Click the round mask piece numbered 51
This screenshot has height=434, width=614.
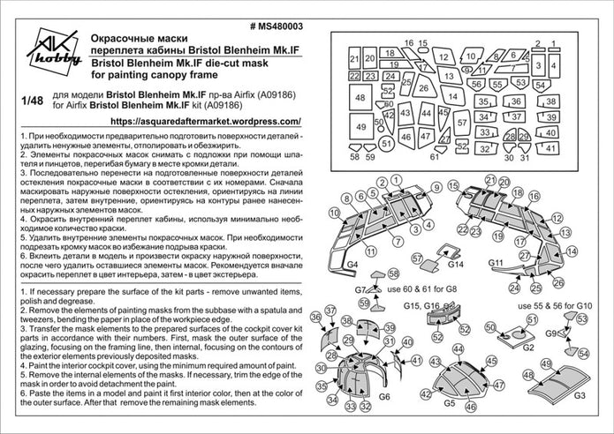click(385, 144)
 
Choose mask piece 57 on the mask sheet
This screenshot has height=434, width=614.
click(462, 123)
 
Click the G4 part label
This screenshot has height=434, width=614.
click(352, 265)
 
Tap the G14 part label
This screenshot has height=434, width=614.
click(456, 265)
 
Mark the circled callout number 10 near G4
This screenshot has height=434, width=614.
click(336, 213)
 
